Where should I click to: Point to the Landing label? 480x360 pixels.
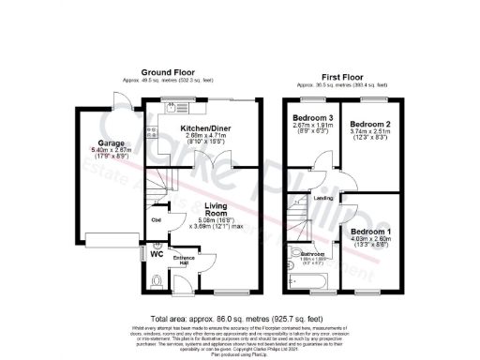click(325, 198)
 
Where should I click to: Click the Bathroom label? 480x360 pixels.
click(312, 254)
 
